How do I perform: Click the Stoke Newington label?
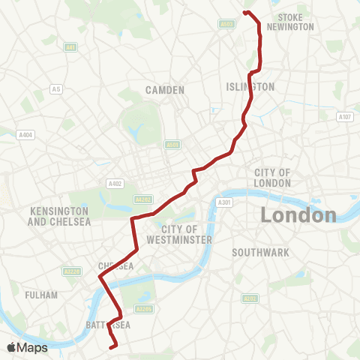(x=295, y=22)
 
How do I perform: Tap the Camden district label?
(x=166, y=90)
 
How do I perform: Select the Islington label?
(x=250, y=87)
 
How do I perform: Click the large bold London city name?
(x=298, y=216)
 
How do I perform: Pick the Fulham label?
(x=41, y=295)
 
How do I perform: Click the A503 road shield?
(x=227, y=24)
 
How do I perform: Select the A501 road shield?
(x=172, y=145)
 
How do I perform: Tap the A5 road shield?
(x=55, y=89)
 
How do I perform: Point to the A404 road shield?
(x=25, y=135)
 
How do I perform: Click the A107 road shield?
(x=345, y=116)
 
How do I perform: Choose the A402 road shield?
(x=115, y=183)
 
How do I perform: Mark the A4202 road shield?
(x=142, y=199)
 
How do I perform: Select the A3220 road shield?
(x=72, y=272)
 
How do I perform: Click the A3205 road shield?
(x=144, y=308)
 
